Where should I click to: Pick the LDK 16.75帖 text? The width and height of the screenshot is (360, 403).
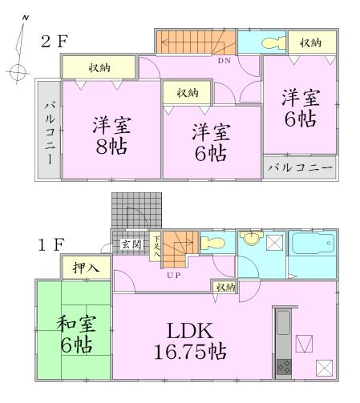coord(189,341)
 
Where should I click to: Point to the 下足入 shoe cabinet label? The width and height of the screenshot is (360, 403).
coord(157,244)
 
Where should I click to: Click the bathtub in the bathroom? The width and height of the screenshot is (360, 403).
coord(312,244)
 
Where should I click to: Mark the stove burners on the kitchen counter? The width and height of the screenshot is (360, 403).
coord(285,368)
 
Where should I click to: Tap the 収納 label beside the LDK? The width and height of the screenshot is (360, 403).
coord(224,287)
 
